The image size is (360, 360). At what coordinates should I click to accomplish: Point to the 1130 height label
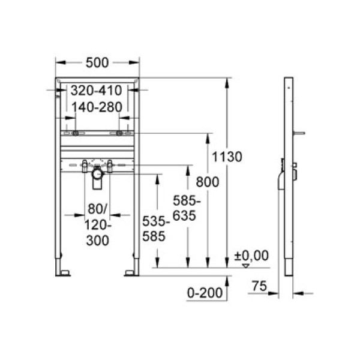pos(230,157)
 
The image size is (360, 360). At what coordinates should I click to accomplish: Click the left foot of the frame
pos(62,273)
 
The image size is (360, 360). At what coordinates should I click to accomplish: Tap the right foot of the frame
pos(131,273)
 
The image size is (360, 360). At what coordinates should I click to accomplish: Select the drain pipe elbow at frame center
pos(98,176)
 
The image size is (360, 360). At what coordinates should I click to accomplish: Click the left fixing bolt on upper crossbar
pos(76,133)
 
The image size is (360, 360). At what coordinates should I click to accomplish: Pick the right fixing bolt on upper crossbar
pos(119,133)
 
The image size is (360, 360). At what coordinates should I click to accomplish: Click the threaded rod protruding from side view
pos(299,134)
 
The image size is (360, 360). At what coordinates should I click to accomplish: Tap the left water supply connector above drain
pos(85,163)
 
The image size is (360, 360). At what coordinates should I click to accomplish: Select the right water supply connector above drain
pos(110,163)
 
